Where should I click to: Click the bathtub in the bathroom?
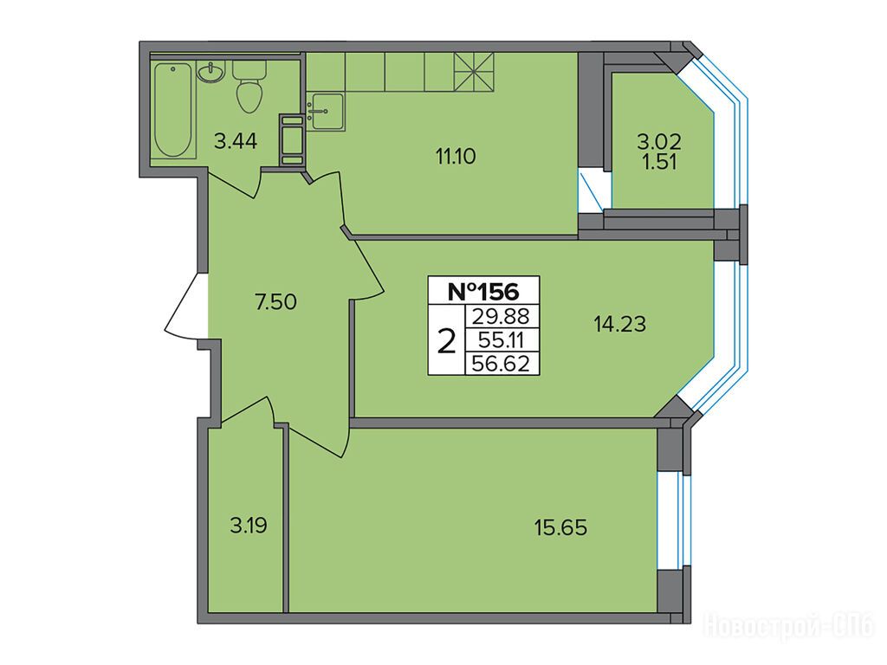173,110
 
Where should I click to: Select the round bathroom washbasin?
211,73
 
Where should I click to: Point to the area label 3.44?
236,141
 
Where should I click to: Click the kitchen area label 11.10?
455,156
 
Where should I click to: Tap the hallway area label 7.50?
275,302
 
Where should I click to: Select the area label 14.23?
619,324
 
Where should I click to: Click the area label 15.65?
560,527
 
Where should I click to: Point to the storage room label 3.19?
249,526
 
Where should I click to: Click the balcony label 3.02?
659,140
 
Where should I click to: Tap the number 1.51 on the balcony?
659,162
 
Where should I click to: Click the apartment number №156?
483,291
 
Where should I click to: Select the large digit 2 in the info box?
447,341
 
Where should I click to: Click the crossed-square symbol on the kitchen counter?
474,73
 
